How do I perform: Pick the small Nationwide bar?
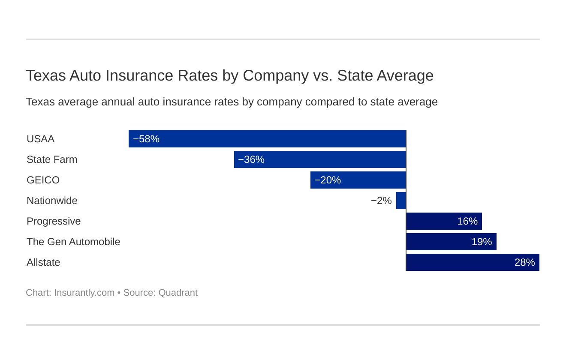point(401,201)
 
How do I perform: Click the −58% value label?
point(146,139)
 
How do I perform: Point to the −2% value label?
point(381,201)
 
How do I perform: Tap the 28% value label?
point(524,262)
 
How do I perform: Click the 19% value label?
point(482,242)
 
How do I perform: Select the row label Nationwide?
point(52,201)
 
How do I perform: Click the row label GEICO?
point(43,180)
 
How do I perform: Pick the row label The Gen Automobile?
point(73,242)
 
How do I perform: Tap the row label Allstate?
point(43,262)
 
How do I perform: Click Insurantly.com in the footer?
point(84,293)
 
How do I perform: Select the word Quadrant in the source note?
point(178,293)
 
